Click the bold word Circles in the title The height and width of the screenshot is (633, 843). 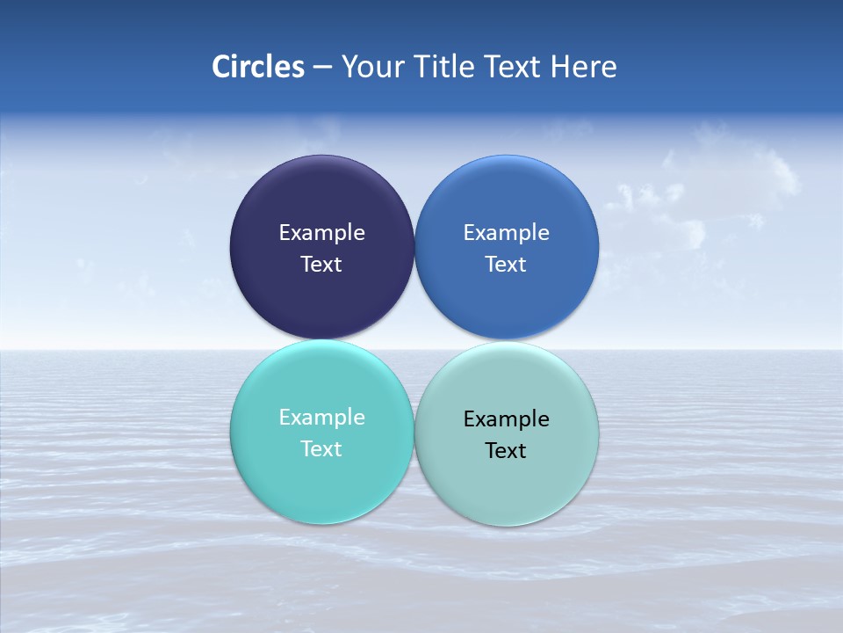[x=258, y=67]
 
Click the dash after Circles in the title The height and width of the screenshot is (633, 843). [x=322, y=68]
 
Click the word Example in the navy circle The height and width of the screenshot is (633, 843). [x=321, y=233]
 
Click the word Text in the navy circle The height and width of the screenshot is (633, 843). [x=321, y=265]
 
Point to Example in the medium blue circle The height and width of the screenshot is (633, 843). [x=507, y=233]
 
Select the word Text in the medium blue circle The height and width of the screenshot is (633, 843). [x=507, y=265]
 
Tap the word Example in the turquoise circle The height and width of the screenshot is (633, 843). [x=321, y=418]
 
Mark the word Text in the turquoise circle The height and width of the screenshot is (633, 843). [x=321, y=449]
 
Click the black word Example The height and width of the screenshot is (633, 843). [x=507, y=419]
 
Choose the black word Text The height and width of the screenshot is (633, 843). [x=507, y=451]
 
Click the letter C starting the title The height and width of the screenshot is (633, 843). [x=221, y=67]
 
